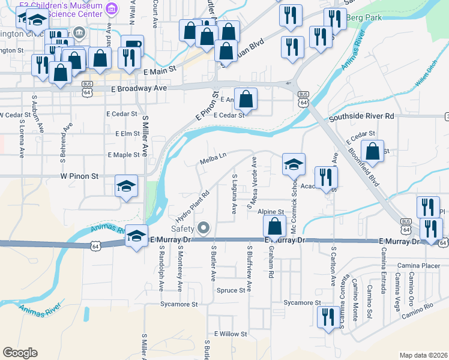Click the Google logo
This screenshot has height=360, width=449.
pos(20,353)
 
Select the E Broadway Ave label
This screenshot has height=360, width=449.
pos(139,88)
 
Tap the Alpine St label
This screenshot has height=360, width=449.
pos(271,212)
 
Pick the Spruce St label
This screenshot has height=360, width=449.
pos(232,290)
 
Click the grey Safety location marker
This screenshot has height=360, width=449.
pos(203,228)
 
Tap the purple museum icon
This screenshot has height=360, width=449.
pos(111,9)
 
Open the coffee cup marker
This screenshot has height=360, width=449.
pos(132,44)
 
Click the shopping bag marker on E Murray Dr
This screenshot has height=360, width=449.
pos(274,226)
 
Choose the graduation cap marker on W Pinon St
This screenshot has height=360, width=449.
pos(127,185)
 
